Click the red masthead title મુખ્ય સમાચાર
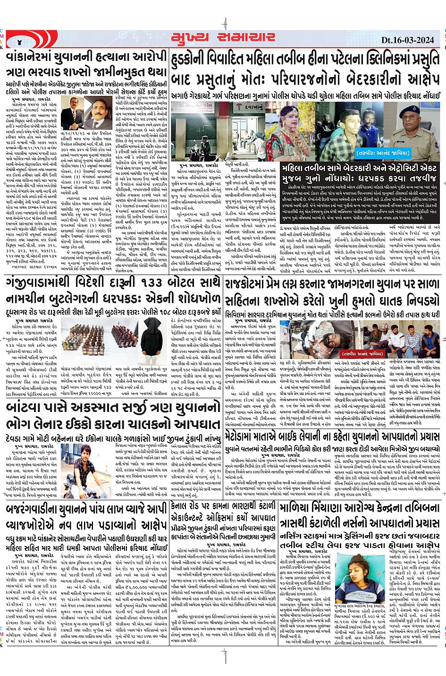click(x=223, y=38)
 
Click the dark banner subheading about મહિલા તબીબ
click(x=359, y=172)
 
